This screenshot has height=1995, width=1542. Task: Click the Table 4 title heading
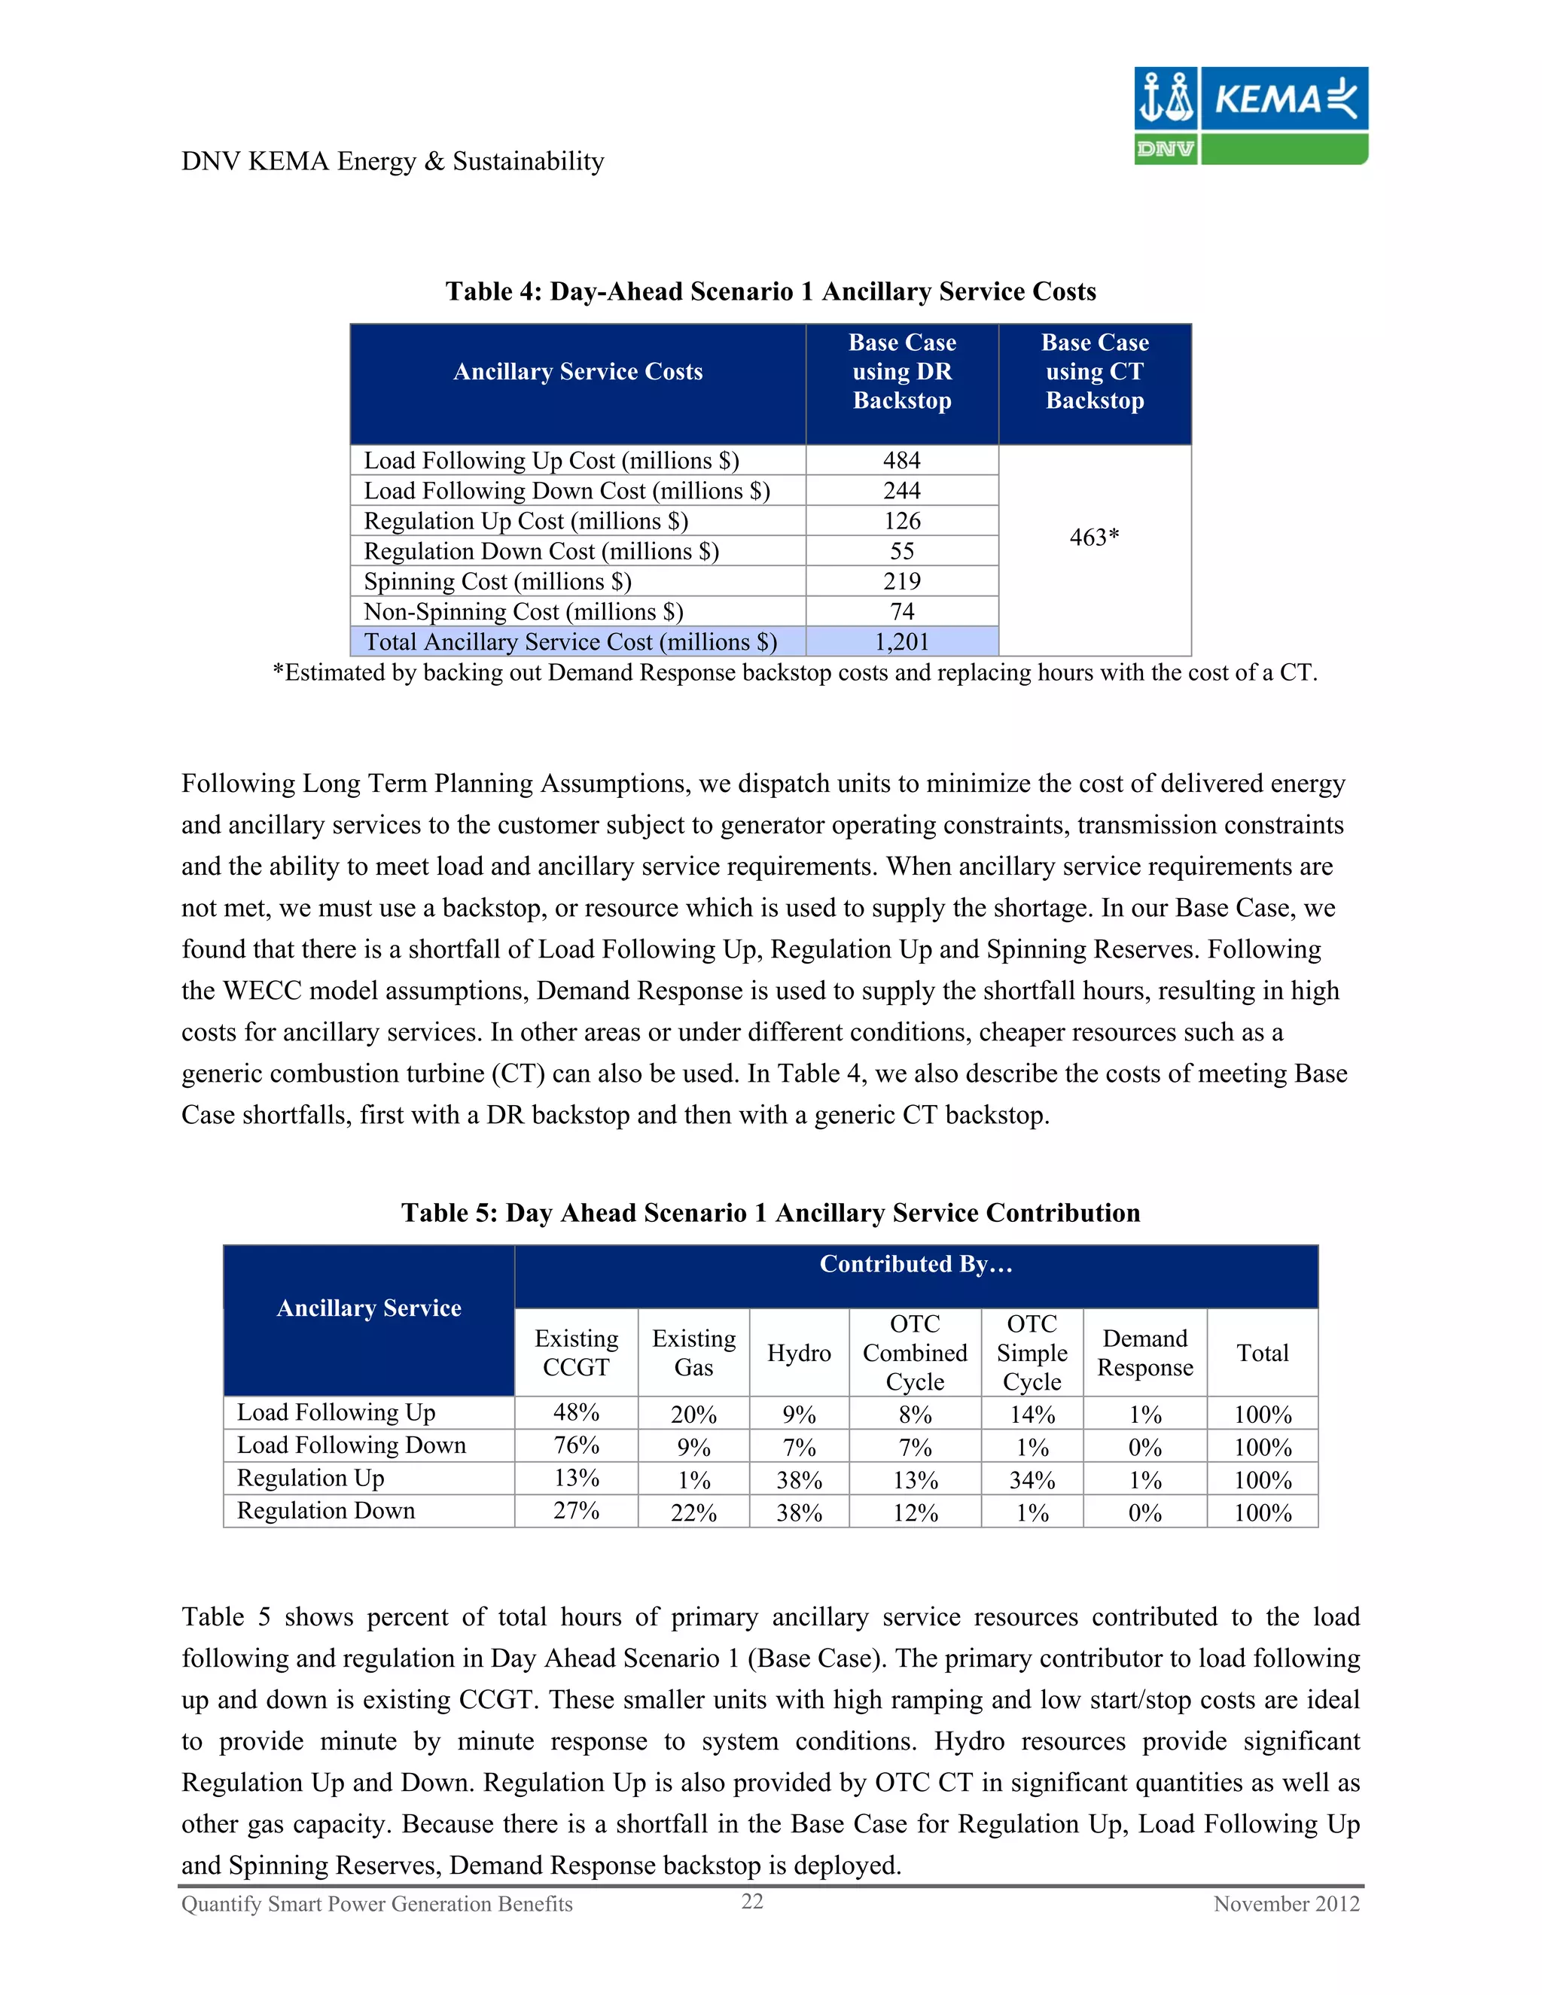point(770,291)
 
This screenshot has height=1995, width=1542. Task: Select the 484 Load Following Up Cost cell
point(901,461)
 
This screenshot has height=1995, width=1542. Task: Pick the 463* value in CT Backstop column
point(1093,537)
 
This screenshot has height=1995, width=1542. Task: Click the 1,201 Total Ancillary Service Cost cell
point(901,642)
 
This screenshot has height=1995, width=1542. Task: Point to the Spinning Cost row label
point(497,582)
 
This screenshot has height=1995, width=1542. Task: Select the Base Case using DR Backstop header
point(901,372)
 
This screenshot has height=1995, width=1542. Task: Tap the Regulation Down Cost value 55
point(901,552)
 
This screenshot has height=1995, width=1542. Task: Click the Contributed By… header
point(916,1264)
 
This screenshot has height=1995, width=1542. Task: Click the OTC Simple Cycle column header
point(1032,1353)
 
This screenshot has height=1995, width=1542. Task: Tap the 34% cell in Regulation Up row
point(1032,1480)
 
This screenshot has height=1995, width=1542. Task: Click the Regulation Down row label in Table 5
point(325,1511)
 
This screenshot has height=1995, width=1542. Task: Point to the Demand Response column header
point(1144,1353)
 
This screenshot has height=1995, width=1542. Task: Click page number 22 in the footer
point(752,1901)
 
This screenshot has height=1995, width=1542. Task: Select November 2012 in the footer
point(1285,1904)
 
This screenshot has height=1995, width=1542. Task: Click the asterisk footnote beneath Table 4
point(794,673)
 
